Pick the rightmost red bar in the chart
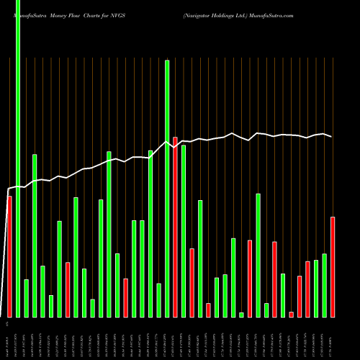coord(333,266)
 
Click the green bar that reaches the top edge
coord(17,158)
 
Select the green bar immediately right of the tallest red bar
coord(184,231)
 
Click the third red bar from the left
coord(125,297)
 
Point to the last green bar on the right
coord(325,285)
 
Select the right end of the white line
coord(332,137)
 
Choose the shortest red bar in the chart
coord(292,314)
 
